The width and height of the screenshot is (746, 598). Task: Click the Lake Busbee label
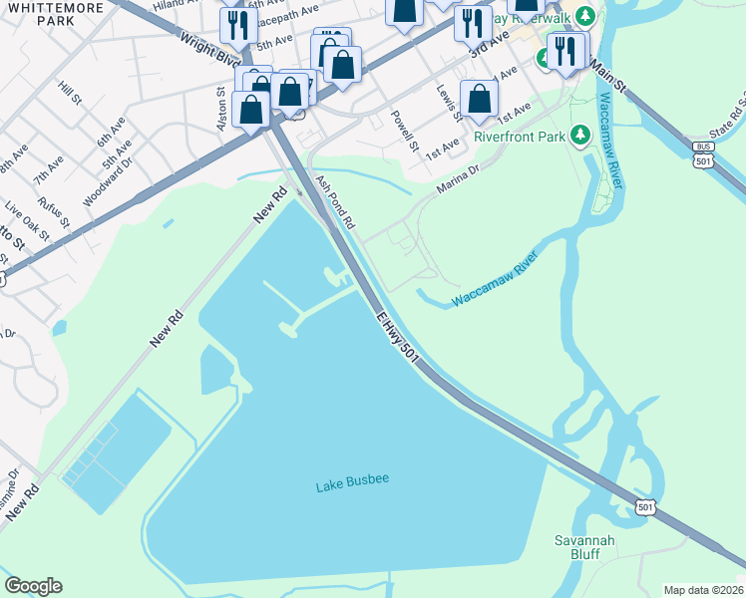[352, 483]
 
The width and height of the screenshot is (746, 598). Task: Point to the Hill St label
[70, 97]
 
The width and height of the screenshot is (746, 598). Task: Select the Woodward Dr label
[108, 179]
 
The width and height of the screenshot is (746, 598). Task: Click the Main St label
[606, 76]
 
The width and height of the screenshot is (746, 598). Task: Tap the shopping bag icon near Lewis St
[480, 99]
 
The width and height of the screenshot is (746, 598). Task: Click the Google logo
[33, 586]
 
